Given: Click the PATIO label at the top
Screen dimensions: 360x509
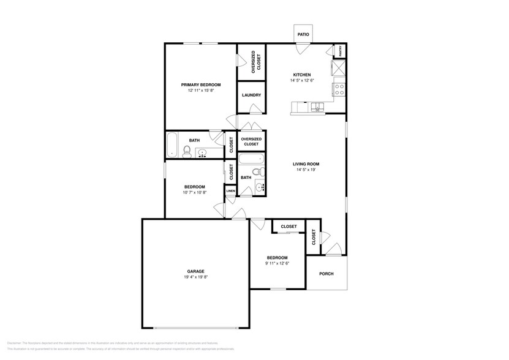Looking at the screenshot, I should point(303,35).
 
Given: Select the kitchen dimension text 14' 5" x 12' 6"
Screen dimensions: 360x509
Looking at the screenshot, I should point(302,80).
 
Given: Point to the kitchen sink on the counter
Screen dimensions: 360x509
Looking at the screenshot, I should point(317,108).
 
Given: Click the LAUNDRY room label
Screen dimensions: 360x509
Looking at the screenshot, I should point(251,95).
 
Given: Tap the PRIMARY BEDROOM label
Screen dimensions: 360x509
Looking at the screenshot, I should point(200,84).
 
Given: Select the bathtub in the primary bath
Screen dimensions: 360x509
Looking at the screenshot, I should point(172,144).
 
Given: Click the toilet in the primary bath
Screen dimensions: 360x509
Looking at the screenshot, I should point(187,153).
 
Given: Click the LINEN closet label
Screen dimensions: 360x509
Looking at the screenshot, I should point(230,191).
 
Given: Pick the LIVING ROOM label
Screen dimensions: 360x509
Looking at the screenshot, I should point(306,164).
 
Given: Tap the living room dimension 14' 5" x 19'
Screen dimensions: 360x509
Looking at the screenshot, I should point(306,170).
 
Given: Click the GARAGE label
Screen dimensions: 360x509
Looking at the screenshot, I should point(195,271).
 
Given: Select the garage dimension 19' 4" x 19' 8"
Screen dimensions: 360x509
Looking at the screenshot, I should point(195,277).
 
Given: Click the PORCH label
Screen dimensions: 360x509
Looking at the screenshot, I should point(326,274).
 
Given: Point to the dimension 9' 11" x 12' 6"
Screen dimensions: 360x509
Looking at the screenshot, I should point(277,263).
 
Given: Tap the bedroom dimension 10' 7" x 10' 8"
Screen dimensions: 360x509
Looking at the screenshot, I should point(194,193).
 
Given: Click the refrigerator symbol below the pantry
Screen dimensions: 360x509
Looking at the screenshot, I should point(338,67).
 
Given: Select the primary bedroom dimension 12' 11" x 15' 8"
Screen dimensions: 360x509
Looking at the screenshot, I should point(200,91).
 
